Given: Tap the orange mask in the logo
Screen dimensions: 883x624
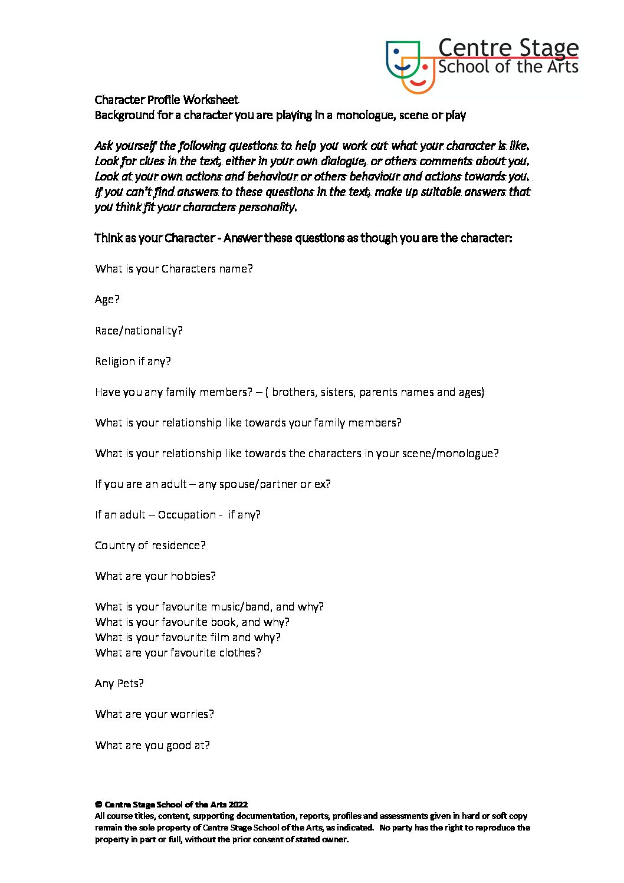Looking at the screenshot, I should coord(419,76).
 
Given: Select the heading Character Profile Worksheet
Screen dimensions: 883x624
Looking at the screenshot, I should coord(167,100).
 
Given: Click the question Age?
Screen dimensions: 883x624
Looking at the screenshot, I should coord(107,300).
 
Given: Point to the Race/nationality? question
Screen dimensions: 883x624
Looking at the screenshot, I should coord(139,331).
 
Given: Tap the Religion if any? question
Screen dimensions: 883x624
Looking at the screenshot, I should coord(133,362).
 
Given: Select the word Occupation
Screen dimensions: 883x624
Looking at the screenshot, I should coord(186,515).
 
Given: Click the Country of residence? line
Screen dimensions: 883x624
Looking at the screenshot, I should coord(150,546).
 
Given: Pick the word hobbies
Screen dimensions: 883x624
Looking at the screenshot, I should coord(193,576).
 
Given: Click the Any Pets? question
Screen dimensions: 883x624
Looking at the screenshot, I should coord(119,684).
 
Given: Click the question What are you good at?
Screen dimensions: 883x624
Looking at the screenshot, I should coord(152,746).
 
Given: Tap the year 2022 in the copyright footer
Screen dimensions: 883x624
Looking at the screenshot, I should coord(238,805).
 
